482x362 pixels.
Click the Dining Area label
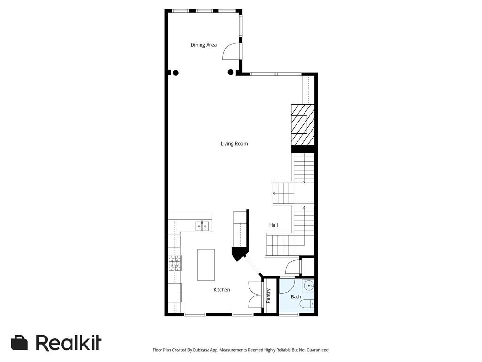coord(203,45)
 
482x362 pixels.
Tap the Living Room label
coord(234,144)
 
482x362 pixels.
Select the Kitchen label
coord(222,290)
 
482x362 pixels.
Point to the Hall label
coord(273,225)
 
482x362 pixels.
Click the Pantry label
coord(268,296)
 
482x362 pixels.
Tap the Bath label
coord(296,297)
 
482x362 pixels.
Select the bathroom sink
coord(308,285)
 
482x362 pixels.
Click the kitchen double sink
coord(202,226)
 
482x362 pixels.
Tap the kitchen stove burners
coord(175,263)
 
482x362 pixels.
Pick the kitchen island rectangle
coord(206,265)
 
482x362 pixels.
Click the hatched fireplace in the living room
coord(299,125)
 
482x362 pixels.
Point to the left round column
coord(176,73)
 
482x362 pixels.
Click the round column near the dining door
coord(231,72)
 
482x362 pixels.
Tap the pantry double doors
coord(255,295)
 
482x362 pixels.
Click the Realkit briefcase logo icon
coord(19,343)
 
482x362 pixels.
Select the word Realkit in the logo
coord(69,343)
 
